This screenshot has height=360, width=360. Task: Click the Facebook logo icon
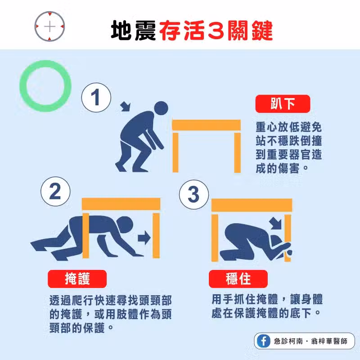click(264, 341)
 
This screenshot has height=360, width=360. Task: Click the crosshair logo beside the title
click(49, 27)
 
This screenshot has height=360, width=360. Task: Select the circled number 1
click(96, 98)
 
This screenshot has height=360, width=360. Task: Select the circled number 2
click(55, 192)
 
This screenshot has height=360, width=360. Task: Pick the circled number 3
click(194, 194)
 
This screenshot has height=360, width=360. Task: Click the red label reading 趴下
click(283, 104)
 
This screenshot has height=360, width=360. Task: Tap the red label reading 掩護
click(77, 279)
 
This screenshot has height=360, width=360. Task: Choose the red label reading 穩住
click(238, 279)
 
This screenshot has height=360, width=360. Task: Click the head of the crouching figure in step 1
click(161, 108)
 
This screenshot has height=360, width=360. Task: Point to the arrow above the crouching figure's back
click(126, 107)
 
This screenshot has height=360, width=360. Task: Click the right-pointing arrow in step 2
click(144, 238)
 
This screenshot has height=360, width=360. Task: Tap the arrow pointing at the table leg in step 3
click(275, 223)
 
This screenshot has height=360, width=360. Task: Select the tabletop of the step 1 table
click(207, 125)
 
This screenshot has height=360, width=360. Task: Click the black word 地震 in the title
click(134, 30)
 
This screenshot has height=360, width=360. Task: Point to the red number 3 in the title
click(216, 30)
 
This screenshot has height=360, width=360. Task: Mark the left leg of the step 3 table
click(215, 238)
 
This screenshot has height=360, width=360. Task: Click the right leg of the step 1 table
click(238, 153)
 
